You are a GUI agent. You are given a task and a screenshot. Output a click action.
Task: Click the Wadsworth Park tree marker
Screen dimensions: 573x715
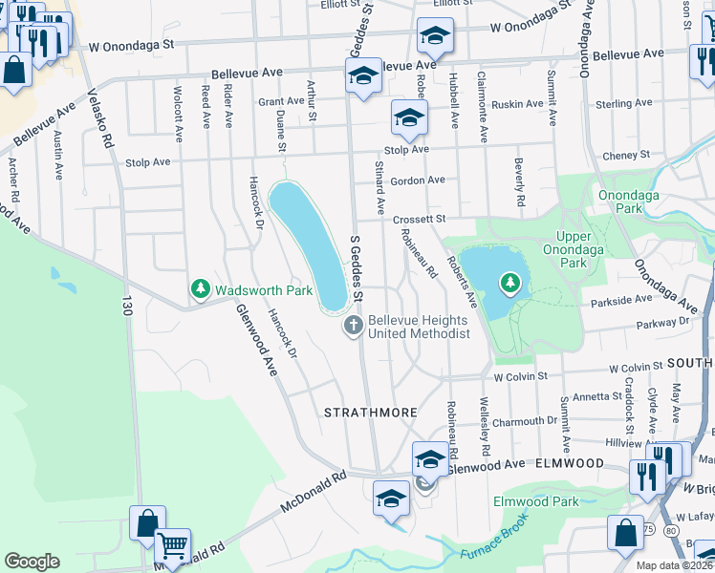[201, 287]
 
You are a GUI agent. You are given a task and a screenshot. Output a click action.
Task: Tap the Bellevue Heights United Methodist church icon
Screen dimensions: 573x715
[353, 327]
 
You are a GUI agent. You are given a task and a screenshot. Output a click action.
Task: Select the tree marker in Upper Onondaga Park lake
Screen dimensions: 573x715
[511, 282]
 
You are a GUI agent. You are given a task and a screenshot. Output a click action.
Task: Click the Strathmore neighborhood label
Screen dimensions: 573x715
[370, 413]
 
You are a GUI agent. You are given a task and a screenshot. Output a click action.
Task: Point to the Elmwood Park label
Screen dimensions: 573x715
[535, 500]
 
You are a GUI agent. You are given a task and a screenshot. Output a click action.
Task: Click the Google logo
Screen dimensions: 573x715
[32, 562]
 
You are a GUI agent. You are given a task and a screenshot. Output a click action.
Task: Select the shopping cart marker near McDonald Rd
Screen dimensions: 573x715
[172, 545]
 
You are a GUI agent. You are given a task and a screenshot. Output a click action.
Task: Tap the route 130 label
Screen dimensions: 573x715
[125, 307]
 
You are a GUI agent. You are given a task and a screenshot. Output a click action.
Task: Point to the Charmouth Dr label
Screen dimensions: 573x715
[525, 419]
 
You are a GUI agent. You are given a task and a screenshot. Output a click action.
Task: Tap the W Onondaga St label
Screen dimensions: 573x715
[132, 45]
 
